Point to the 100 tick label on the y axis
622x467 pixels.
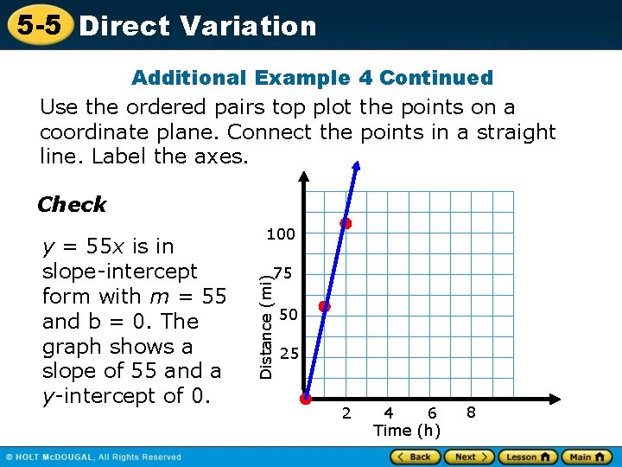281,234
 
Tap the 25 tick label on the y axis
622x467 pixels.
290,354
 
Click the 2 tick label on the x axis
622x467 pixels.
346,413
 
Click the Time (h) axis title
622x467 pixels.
407,431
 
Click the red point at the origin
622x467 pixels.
306,399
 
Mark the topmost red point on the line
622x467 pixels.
346,223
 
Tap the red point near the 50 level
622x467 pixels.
325,306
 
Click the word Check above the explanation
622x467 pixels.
72,205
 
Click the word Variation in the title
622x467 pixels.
248,26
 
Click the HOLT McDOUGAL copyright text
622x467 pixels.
95,457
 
